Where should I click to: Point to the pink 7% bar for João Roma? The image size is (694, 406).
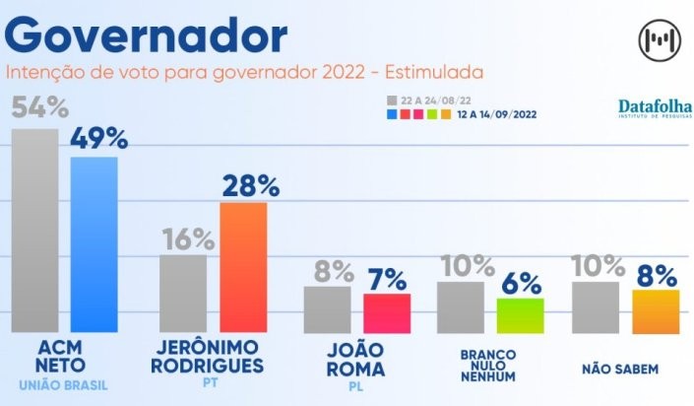pos(386,313)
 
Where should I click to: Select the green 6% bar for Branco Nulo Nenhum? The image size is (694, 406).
pos(520,315)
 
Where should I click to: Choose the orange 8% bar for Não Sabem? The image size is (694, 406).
pos(656,311)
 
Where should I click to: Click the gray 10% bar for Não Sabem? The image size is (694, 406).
pos(596,307)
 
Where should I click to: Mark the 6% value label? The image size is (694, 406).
pos(521,284)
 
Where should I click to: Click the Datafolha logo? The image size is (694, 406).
pos(655,108)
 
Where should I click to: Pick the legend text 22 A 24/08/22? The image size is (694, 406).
pos(430,101)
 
